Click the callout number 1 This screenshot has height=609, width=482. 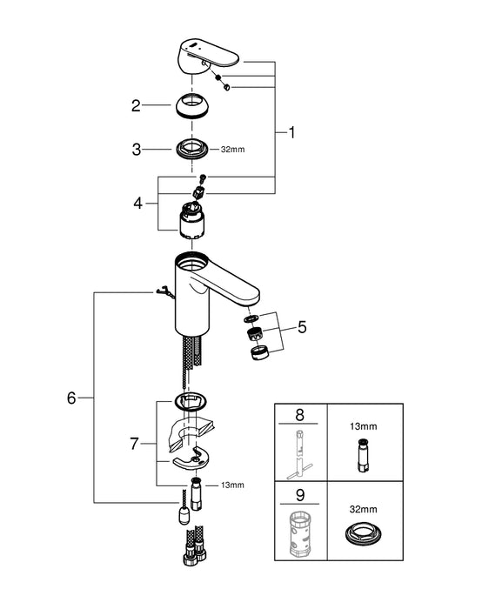coord(292,132)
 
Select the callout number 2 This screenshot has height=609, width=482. coord(136,106)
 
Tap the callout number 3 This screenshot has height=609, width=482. coord(136,150)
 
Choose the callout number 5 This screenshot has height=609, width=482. coord(302,328)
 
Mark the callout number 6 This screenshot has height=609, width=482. coord(71,398)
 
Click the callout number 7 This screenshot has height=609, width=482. coord(135,443)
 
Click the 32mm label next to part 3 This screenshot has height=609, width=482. coord(233,150)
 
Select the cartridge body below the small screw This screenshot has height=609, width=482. coord(196,224)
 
